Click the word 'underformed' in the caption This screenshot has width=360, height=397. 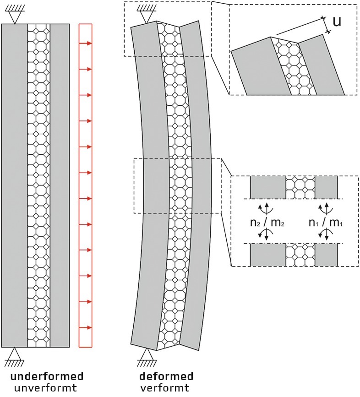47,376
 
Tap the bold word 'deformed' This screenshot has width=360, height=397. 166,376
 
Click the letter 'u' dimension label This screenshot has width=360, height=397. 337,22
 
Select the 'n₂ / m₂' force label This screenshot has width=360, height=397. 267,223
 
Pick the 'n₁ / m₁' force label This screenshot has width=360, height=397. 326,223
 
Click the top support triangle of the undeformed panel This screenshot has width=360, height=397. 15,17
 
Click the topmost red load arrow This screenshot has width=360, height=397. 85,44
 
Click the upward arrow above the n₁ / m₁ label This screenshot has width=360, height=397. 327,208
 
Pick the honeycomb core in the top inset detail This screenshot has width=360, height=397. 294,67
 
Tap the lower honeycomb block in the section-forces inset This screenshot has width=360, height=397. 300,255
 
